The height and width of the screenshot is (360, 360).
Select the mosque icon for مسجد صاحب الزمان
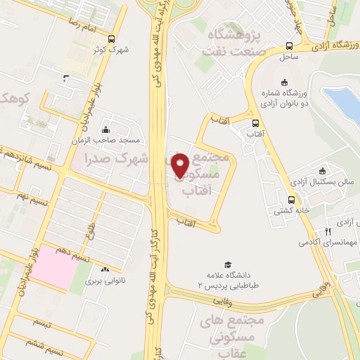(x=105, y=129)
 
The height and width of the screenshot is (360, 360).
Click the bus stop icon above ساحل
(x=288, y=44)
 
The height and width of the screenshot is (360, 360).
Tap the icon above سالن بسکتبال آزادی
(x=323, y=170)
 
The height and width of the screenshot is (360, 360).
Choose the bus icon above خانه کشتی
(x=291, y=199)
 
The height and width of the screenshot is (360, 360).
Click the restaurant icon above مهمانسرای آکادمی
(x=328, y=231)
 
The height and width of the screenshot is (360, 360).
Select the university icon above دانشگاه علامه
(x=208, y=264)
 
